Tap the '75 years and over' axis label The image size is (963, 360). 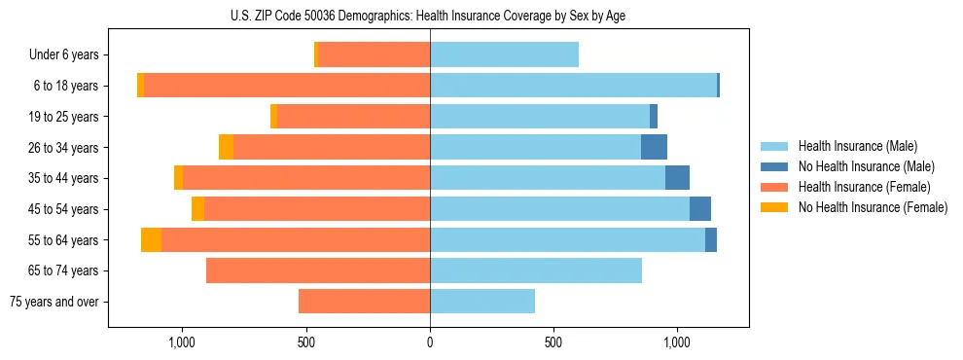click(x=53, y=302)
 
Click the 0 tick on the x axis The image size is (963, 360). click(x=430, y=342)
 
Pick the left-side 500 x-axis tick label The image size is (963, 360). click(x=305, y=342)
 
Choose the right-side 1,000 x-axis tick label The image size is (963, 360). click(x=676, y=342)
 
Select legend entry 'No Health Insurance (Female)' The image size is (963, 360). click(x=873, y=207)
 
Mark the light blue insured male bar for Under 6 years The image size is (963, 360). click(x=504, y=55)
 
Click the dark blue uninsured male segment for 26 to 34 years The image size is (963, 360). click(x=654, y=148)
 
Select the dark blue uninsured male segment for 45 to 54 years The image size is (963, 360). click(x=700, y=209)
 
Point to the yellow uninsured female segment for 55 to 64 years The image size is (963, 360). click(x=151, y=240)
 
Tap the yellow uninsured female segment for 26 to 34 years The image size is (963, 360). click(x=226, y=148)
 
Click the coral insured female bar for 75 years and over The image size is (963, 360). click(x=364, y=302)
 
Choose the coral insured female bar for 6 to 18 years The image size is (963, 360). click(x=287, y=86)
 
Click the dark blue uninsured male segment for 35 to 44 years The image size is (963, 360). click(x=677, y=178)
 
